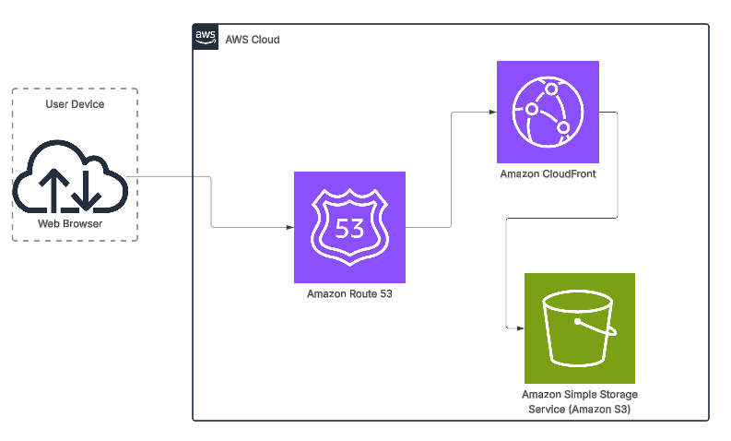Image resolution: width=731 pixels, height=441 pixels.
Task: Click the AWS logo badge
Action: (x=206, y=38)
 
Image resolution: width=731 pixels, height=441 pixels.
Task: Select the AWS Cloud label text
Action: (x=253, y=40)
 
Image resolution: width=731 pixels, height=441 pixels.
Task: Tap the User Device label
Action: (x=75, y=104)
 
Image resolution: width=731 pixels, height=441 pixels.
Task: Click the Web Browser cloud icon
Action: (x=70, y=177)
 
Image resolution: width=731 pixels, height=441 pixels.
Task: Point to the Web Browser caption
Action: (x=70, y=224)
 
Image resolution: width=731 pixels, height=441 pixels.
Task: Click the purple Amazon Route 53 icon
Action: (x=349, y=227)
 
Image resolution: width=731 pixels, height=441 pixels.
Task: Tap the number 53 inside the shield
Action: (x=349, y=228)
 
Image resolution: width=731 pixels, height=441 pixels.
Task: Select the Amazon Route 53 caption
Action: (x=349, y=294)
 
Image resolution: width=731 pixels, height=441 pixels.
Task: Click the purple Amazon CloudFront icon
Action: (x=548, y=112)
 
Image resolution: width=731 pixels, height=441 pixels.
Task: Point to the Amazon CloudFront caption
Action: (x=548, y=173)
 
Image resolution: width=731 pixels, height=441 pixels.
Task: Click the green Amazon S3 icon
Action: (x=579, y=328)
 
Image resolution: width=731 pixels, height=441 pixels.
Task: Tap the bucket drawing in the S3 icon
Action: (x=579, y=329)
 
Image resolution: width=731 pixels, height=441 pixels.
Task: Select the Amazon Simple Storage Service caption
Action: (x=579, y=401)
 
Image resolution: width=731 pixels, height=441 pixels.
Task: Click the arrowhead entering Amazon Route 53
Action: (x=289, y=226)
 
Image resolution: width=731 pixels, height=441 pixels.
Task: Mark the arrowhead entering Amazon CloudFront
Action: (x=492, y=112)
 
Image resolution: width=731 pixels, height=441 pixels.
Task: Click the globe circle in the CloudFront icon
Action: (x=548, y=112)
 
